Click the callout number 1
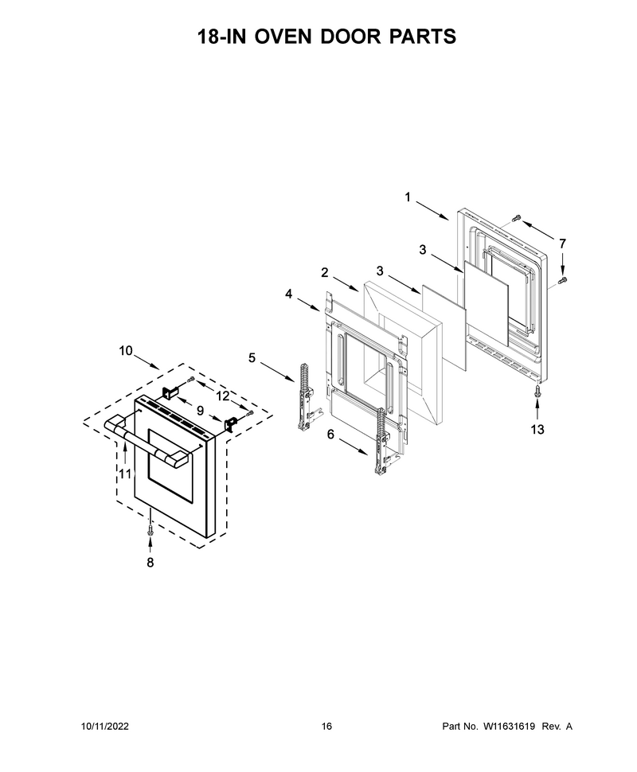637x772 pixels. point(408,197)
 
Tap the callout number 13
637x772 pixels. point(537,429)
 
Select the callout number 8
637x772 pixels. point(150,562)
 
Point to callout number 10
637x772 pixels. point(126,350)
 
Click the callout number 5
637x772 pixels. point(252,357)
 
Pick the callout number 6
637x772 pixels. point(330,435)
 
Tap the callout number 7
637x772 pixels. point(562,244)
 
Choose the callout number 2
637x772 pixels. point(324,272)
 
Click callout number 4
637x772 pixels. point(288,294)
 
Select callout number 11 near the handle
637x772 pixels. point(126,474)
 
